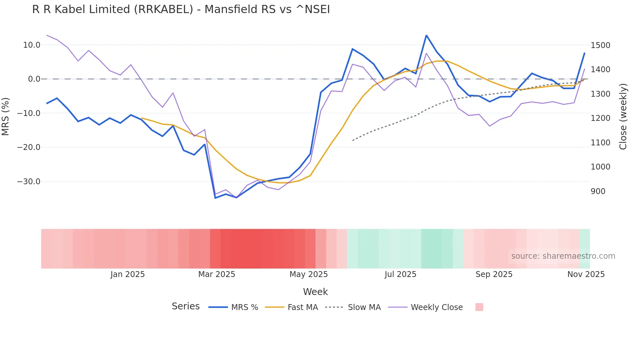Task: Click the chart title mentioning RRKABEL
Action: click(x=181, y=9)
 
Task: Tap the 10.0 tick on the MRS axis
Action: click(x=32, y=45)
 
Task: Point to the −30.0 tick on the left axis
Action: click(x=29, y=182)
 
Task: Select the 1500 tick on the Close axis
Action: click(x=600, y=45)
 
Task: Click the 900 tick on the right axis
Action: click(x=598, y=191)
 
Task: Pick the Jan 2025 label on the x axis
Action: click(x=127, y=274)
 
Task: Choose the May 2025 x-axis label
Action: click(x=309, y=274)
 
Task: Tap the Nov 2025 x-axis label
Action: click(x=586, y=274)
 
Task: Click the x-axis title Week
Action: click(x=315, y=292)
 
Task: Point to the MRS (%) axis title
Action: click(x=6, y=116)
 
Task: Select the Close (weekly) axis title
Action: click(x=623, y=116)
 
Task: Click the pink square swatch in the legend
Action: click(x=479, y=307)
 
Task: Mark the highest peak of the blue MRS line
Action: click(x=426, y=35)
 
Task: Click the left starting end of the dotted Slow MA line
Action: click(x=353, y=140)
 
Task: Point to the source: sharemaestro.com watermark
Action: click(x=563, y=256)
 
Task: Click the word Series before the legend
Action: click(x=185, y=306)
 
